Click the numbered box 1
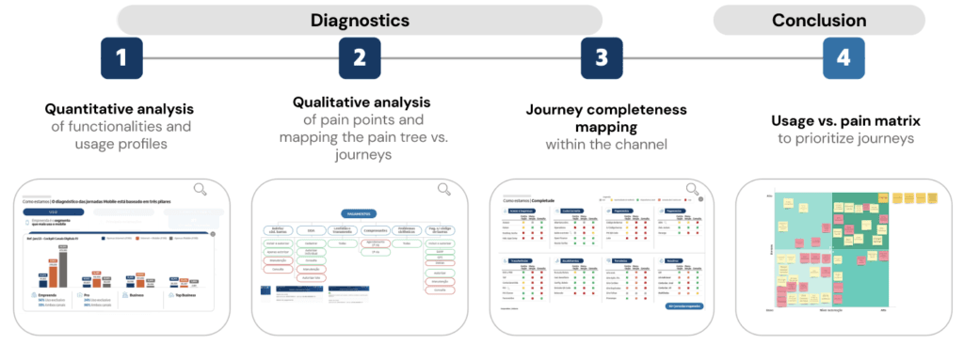(120, 57)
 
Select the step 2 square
(360, 57)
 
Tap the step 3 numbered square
(601, 57)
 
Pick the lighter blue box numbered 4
(843, 57)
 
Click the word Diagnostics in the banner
(360, 19)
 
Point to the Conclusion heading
(819, 19)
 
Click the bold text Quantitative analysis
(119, 109)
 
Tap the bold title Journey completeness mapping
(602, 117)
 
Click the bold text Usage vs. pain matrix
(843, 120)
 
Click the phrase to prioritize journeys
(843, 138)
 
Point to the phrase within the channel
(602, 145)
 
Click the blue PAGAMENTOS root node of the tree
(361, 213)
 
